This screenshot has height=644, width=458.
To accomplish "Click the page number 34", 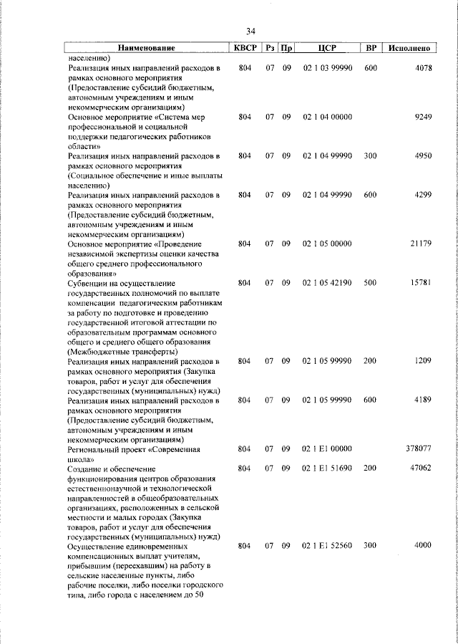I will tap(250, 32).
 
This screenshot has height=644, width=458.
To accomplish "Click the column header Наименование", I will tap(146, 48).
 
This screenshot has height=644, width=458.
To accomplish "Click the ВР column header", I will tap(371, 48).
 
